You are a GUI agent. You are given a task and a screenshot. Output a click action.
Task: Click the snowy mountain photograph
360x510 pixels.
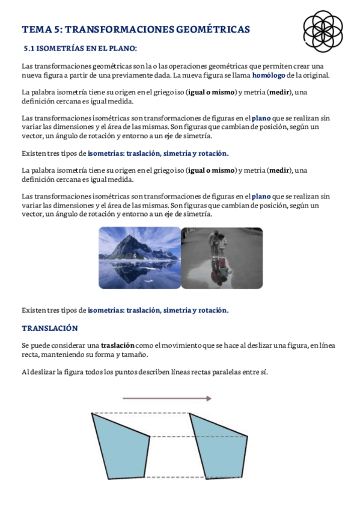click(139, 257)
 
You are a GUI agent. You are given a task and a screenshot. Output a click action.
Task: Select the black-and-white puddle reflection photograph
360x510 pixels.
click(222, 257)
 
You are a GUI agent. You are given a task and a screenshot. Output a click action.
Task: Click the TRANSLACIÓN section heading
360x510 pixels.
click(50, 328)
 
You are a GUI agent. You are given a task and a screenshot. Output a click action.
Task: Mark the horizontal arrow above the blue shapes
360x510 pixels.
click(166, 398)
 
